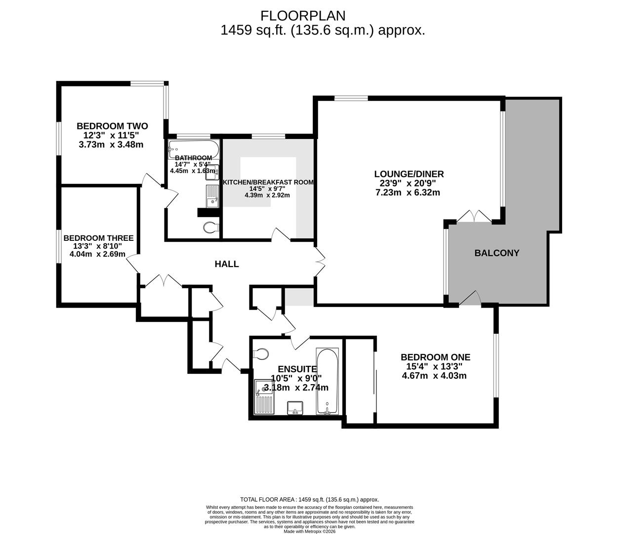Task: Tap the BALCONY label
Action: click(496, 253)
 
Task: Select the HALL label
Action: click(227, 264)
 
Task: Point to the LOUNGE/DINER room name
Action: click(409, 174)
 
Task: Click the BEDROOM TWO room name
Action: click(112, 126)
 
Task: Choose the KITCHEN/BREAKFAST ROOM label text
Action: click(268, 182)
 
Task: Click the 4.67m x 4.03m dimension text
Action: click(435, 376)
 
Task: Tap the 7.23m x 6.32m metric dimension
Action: click(408, 192)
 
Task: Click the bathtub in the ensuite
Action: click(327, 381)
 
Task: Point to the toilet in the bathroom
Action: click(211, 227)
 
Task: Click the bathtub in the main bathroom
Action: click(193, 148)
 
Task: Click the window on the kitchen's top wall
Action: click(268, 136)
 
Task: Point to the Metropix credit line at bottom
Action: click(309, 532)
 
